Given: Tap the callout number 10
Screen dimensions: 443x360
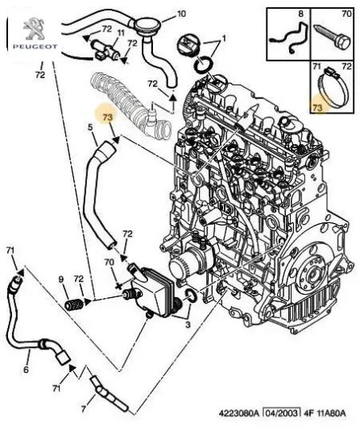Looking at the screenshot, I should (180, 14).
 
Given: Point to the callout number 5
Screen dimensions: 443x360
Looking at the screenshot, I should (91, 126).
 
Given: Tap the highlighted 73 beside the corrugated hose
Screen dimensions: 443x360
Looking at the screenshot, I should (108, 118).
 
